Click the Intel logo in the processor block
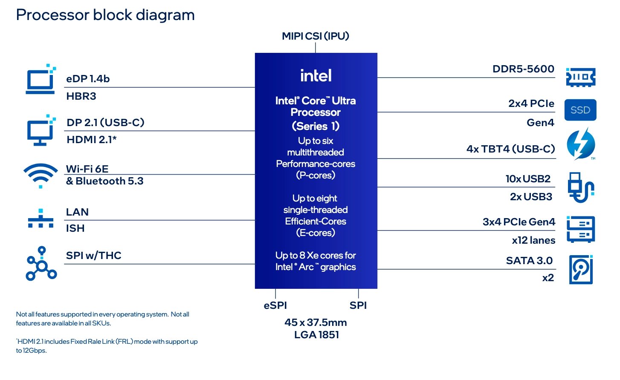316,76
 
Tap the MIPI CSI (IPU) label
316,36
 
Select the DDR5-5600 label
523,69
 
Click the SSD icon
580,110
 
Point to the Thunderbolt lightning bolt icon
580,144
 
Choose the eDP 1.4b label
88,79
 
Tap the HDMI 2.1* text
92,140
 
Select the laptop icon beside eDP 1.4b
41,80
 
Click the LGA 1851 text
316,335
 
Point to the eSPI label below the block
275,305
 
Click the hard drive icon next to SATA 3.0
581,270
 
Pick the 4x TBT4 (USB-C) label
510,149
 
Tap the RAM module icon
580,77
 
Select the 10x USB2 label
528,179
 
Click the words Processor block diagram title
105,15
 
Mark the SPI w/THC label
93,256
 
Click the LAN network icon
41,219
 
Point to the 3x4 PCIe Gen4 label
519,222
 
